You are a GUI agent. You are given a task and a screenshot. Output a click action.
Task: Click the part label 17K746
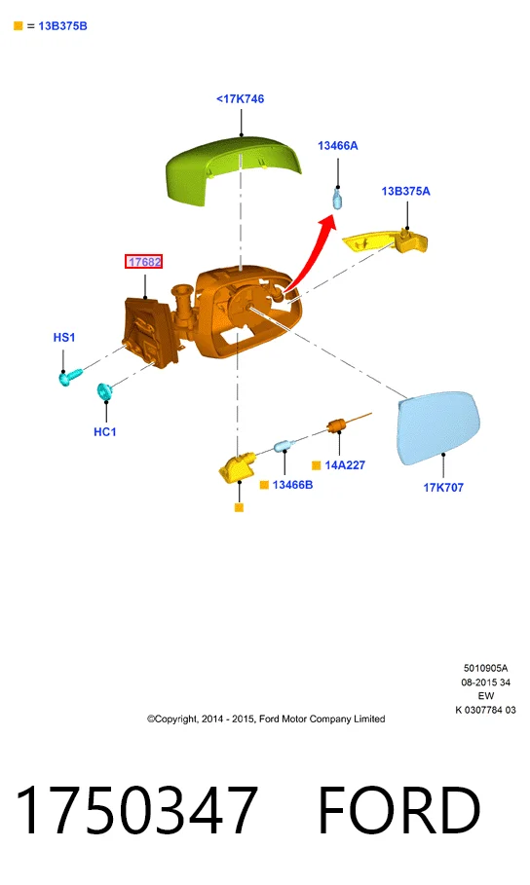[240, 98]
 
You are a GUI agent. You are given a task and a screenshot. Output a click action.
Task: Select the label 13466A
[338, 146]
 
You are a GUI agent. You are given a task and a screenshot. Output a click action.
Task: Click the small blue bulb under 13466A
[337, 200]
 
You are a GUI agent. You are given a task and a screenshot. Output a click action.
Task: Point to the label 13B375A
[405, 192]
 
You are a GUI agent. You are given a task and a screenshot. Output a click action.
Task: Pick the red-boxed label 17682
[144, 262]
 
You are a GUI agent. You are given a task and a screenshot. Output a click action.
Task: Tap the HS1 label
[64, 338]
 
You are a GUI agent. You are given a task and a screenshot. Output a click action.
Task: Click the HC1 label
[105, 431]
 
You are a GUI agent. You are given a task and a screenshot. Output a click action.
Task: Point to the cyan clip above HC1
[104, 390]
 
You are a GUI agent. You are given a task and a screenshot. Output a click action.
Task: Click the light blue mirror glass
[438, 427]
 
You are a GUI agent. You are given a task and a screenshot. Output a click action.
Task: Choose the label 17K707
[443, 488]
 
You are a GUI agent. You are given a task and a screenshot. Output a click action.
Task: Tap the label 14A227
[345, 465]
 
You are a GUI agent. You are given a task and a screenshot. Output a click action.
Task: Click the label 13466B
[292, 485]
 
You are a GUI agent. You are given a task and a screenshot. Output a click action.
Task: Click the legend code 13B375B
[62, 26]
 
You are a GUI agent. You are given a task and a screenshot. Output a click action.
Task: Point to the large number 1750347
[136, 810]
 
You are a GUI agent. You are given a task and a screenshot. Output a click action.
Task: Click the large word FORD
[399, 810]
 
